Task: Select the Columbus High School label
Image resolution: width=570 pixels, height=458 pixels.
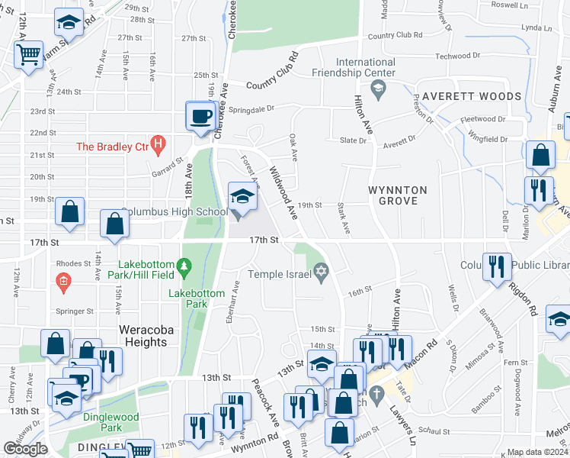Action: pos(175,211)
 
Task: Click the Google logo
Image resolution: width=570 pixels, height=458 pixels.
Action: pos(25,449)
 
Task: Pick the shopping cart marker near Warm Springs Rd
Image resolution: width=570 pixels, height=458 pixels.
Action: pos(28,55)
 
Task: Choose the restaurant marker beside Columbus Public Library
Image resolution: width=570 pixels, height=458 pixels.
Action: pos(496,266)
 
